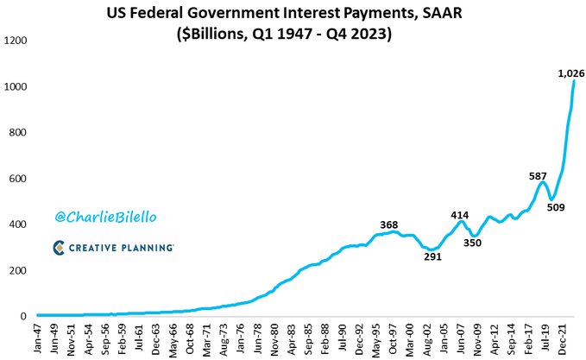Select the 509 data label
[557, 207]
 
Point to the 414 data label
[460, 215]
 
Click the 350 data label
[473, 243]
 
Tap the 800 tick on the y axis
[21, 132]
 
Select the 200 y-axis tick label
[21, 270]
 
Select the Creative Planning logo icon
[60, 248]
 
